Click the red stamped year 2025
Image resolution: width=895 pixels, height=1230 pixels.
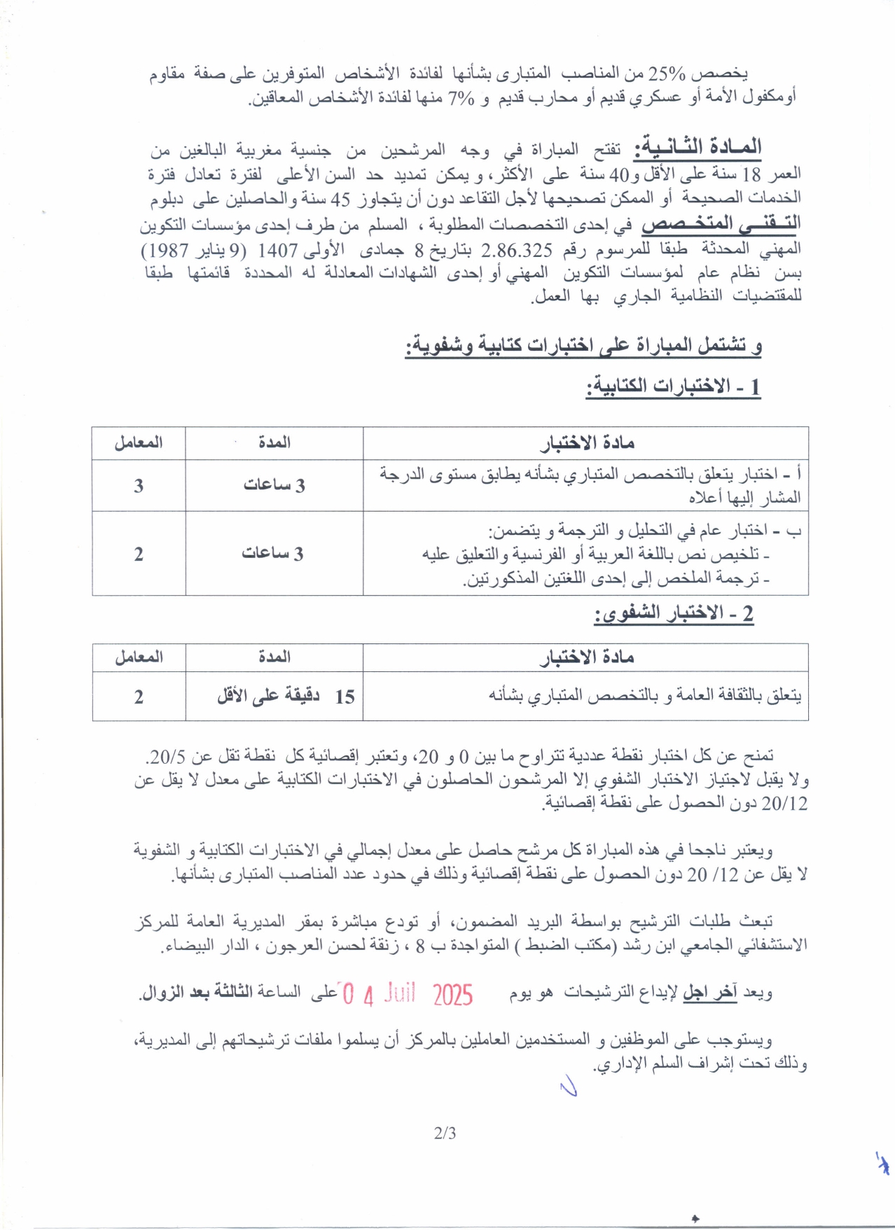[x=452, y=995]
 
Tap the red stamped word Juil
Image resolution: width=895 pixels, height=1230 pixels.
[x=399, y=993]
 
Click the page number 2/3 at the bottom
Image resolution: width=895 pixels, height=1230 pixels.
[x=445, y=1133]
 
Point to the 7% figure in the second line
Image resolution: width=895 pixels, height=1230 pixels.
[x=461, y=98]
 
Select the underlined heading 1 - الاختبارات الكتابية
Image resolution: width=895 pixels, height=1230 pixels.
[x=673, y=386]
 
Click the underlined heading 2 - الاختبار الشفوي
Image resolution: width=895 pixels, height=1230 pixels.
[x=673, y=614]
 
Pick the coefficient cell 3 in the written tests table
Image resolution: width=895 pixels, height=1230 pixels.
[x=139, y=486]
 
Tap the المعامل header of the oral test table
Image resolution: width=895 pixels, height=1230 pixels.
[x=139, y=657]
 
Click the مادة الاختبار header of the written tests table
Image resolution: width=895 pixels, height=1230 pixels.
[x=587, y=443]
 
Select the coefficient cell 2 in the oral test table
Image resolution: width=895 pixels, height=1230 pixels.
[x=139, y=697]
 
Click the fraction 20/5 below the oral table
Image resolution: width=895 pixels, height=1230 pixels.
[x=167, y=757]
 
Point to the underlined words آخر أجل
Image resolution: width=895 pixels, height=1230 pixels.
[x=709, y=993]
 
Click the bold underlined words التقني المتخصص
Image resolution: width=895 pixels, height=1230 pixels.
[x=721, y=224]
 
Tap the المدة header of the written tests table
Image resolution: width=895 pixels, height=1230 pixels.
[x=275, y=442]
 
